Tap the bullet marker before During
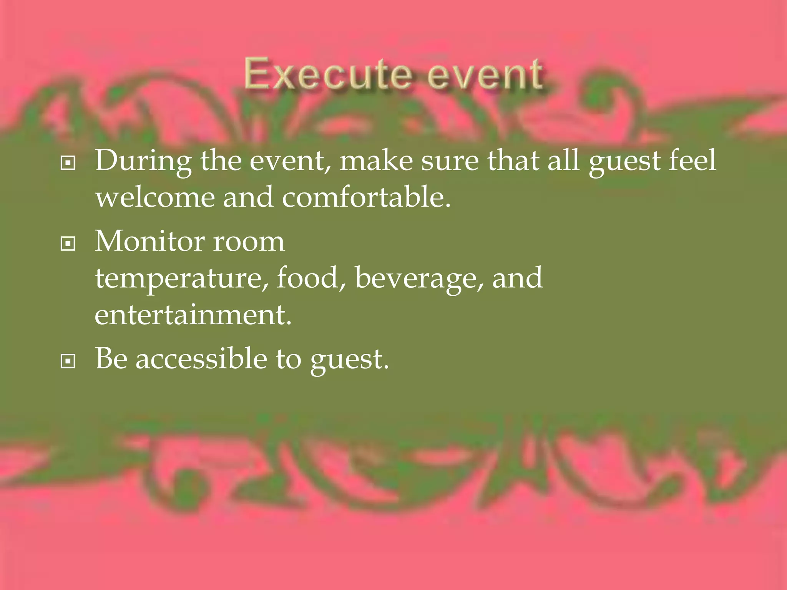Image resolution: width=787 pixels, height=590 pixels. coord(68,163)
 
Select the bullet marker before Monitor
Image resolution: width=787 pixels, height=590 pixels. coord(68,244)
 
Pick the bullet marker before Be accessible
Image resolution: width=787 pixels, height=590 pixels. coord(68,361)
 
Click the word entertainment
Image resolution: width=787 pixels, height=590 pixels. coord(193,315)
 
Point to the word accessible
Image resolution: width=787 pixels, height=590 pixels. coord(201,359)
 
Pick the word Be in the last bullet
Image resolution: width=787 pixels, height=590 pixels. coord(111,358)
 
